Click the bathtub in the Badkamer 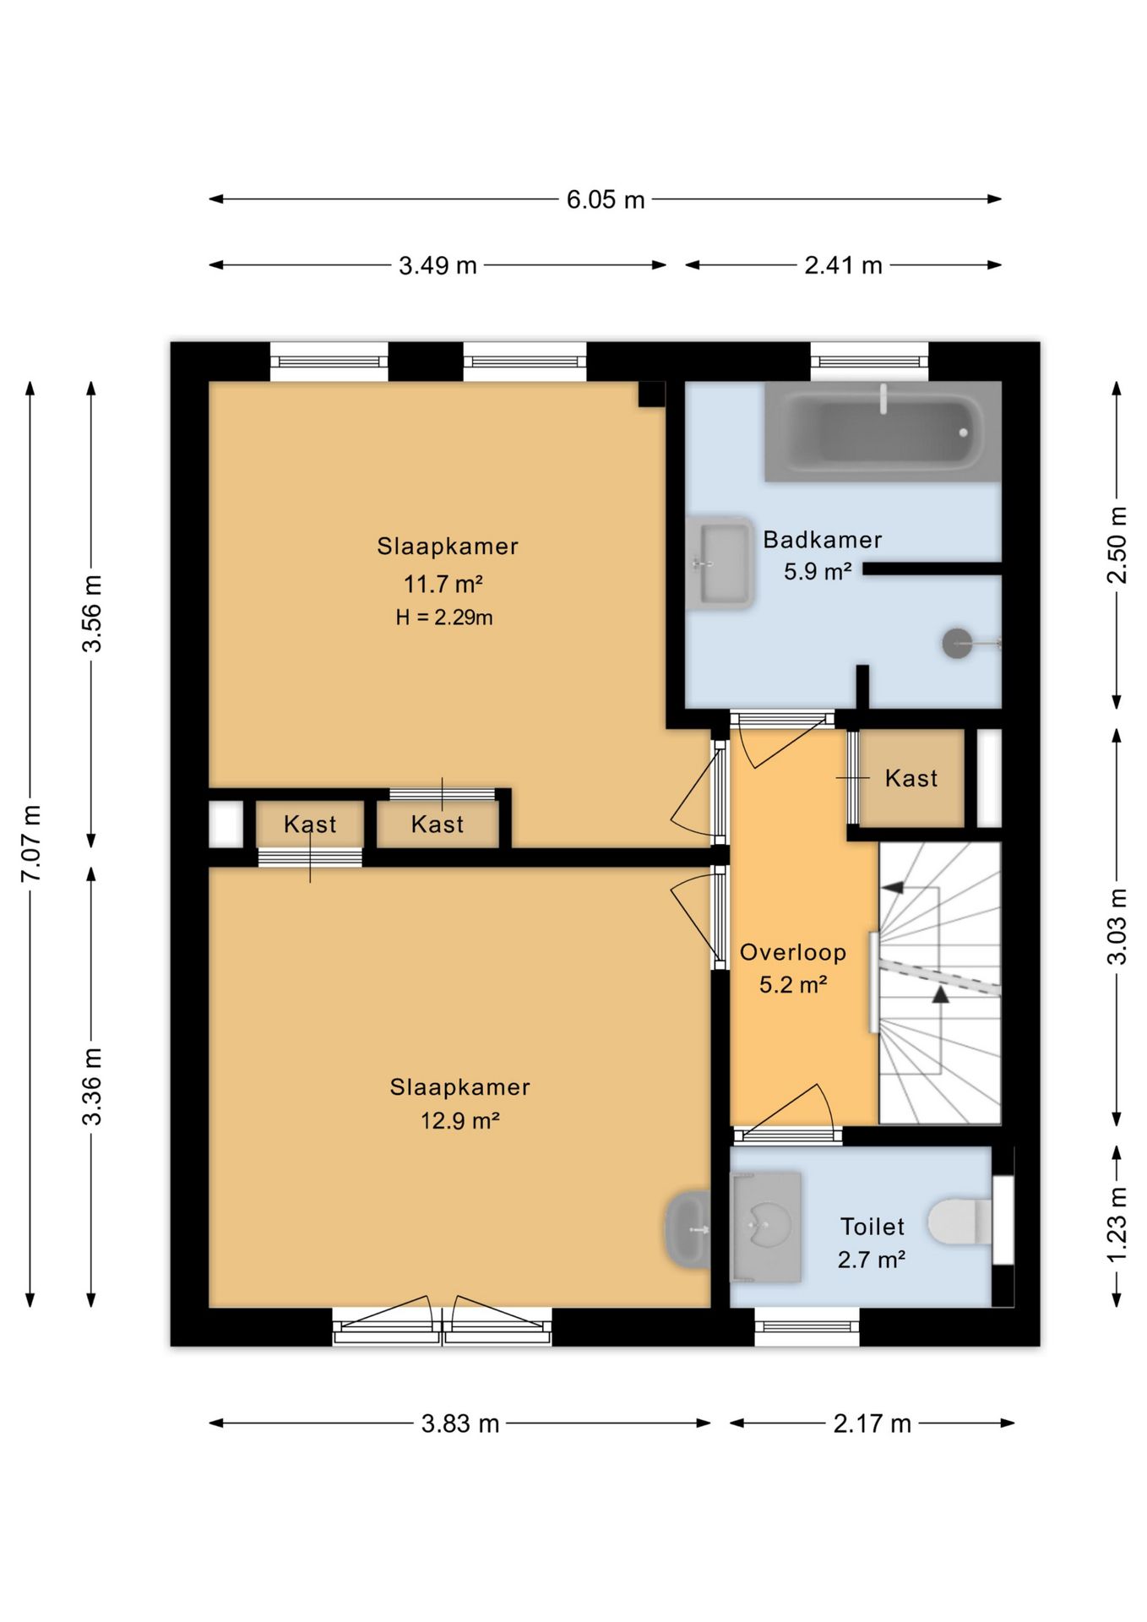[883, 432]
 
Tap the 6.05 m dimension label [606, 200]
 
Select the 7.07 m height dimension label [31, 844]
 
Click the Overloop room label [793, 953]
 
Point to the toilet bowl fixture [960, 1222]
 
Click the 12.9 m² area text [460, 1121]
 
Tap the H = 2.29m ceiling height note [444, 618]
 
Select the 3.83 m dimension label [460, 1423]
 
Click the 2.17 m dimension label [872, 1423]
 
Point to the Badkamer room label [823, 540]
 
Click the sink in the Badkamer [720, 563]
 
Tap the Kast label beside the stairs [911, 778]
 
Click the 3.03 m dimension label [1117, 926]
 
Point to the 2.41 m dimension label [843, 265]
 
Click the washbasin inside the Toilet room [766, 1227]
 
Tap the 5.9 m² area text [818, 572]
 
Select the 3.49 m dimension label [438, 265]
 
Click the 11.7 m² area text [443, 584]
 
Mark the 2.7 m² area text [872, 1260]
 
